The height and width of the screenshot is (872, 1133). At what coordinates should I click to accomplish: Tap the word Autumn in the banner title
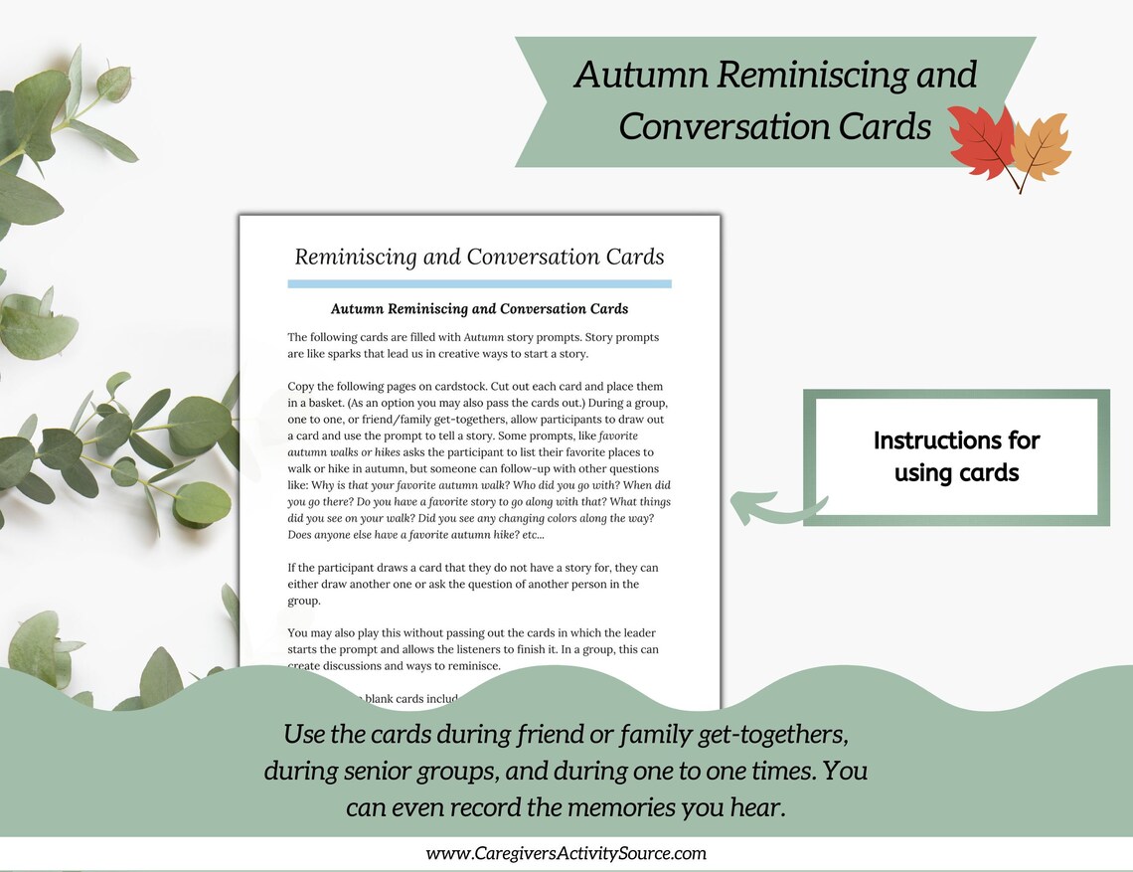tap(631, 77)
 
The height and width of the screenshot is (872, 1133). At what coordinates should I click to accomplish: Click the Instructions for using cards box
tap(955, 456)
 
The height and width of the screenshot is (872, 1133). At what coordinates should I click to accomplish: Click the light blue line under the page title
tap(479, 284)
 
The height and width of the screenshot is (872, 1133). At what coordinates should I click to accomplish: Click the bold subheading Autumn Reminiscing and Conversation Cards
tap(479, 309)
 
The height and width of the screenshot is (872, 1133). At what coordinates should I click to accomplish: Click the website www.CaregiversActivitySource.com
tap(566, 853)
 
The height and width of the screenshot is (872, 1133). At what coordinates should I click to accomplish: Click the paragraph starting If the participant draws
tap(473, 584)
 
